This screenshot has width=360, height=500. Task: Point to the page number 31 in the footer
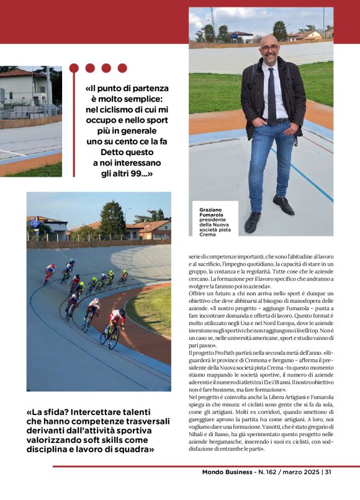coord(327,473)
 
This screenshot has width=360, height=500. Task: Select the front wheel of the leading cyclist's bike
coord(114,339)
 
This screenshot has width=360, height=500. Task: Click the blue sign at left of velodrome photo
coord(34,223)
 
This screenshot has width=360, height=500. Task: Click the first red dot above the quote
coord(74,68)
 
